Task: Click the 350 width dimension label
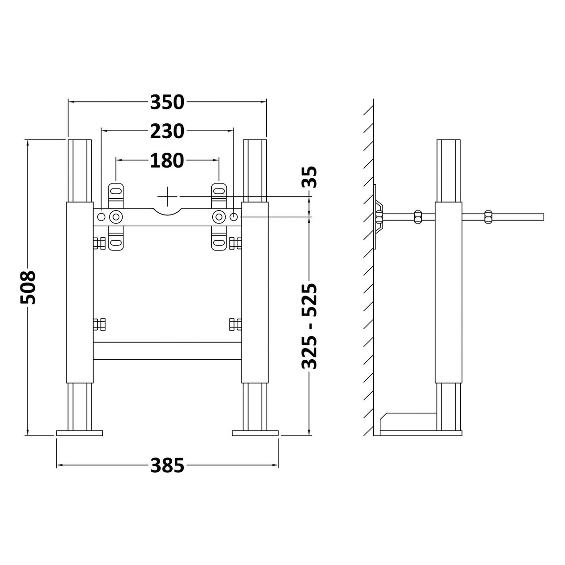click(167, 102)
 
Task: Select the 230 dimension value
click(167, 132)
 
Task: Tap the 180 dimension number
click(167, 161)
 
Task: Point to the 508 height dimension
click(28, 287)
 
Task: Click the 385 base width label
click(167, 465)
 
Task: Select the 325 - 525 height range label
click(309, 326)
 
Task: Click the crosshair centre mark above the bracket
click(168, 195)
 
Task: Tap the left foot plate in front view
click(79, 433)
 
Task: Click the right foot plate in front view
click(255, 433)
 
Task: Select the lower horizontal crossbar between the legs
click(168, 351)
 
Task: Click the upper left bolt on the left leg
click(99, 243)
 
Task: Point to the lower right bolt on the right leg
click(236, 324)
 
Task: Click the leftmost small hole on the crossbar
click(101, 217)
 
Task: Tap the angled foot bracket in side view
click(407, 422)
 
